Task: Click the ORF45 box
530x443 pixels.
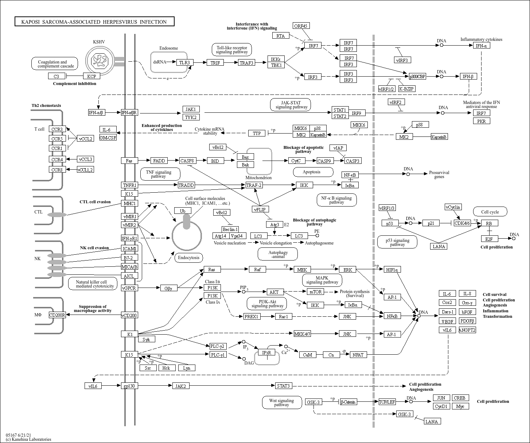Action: coord(301,26)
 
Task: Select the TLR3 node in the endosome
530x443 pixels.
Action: coord(185,62)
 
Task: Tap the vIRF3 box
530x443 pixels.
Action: coord(402,60)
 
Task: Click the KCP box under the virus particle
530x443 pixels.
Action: coord(91,76)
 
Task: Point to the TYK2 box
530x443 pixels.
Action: coord(191,117)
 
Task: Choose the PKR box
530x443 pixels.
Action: coord(482,121)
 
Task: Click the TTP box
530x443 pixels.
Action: coord(257,133)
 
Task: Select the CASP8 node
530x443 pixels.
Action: coord(187,161)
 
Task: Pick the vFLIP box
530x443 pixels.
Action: coord(260,209)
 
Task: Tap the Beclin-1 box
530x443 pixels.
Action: coord(230,229)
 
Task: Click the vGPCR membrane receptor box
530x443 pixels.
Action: coord(129,288)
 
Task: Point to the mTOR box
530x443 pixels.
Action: coord(316,292)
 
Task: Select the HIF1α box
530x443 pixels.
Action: coord(392,270)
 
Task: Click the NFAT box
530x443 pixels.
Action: coord(358,355)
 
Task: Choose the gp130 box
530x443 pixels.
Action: coord(129,386)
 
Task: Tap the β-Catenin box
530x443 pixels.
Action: coord(348,402)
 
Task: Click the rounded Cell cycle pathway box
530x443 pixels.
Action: coord(490,212)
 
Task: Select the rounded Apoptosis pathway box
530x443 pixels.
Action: coord(313,172)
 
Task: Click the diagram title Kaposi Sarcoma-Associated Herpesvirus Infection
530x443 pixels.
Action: coord(94,22)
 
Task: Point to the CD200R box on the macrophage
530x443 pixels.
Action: coord(57,315)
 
